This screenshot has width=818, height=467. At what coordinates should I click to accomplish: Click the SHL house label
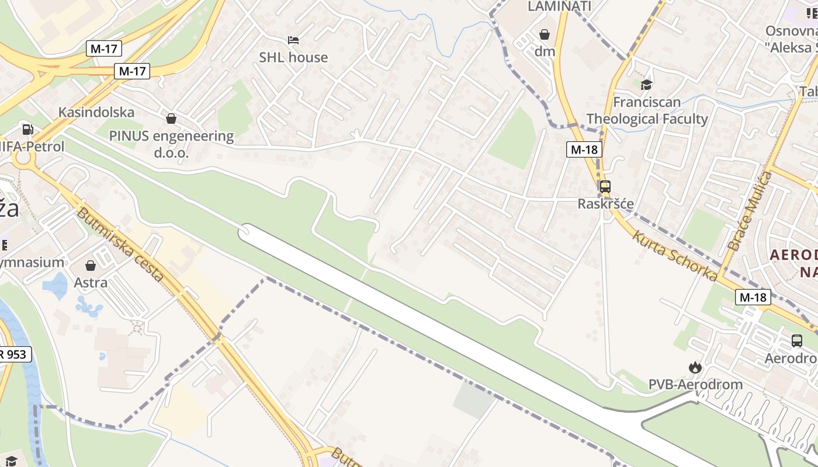coord(293,57)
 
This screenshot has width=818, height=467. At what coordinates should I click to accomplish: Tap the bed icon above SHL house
coord(293,40)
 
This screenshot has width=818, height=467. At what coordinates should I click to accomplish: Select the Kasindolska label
coord(96,112)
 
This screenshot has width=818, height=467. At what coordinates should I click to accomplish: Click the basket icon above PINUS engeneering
coord(171,119)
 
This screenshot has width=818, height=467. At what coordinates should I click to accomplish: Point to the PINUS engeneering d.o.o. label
coord(171,144)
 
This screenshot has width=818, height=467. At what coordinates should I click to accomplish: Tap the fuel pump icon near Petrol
coord(27,130)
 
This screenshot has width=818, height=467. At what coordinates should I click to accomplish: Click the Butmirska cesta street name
coord(120,245)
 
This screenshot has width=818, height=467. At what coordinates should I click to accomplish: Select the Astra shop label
coord(91,283)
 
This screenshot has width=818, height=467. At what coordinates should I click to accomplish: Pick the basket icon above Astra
coord(91,266)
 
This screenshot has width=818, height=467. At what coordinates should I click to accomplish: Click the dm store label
coord(545,51)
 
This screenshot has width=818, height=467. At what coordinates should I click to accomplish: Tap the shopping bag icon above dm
coord(545,34)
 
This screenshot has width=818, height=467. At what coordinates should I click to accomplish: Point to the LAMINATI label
coord(559,6)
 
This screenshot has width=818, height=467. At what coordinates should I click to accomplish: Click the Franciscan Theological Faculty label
coord(647,110)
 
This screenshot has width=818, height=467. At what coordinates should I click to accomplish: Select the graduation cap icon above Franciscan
coord(646,85)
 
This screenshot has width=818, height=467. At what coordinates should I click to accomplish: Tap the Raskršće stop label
coord(605,204)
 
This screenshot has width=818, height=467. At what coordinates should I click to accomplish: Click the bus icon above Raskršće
coord(605,187)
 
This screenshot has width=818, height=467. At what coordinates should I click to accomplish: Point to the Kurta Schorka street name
coord(675,256)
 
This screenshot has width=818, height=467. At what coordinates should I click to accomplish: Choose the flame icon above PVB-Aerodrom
coord(695,367)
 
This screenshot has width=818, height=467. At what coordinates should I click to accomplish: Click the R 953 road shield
coord(13,354)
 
